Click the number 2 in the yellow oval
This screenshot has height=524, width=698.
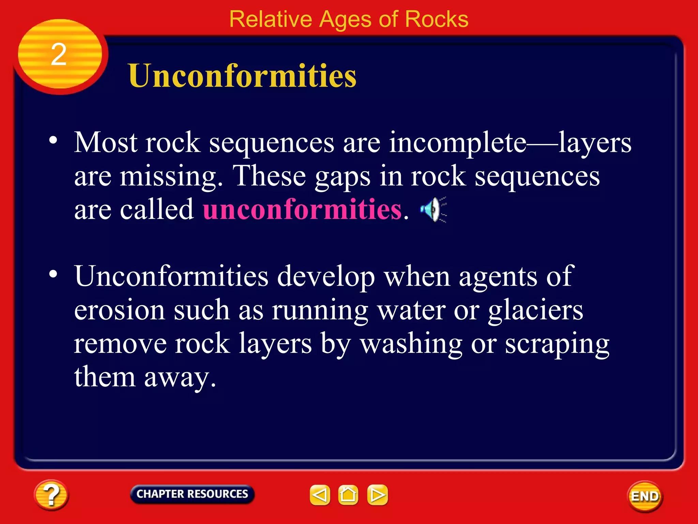click(x=59, y=55)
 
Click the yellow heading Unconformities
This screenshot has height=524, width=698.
click(x=242, y=76)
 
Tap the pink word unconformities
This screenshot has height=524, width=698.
click(x=302, y=209)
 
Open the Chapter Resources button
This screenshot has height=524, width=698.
click(x=192, y=494)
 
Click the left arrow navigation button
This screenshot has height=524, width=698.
click(x=320, y=495)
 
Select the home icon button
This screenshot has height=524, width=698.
click(x=348, y=495)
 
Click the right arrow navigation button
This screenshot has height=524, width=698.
click(x=377, y=495)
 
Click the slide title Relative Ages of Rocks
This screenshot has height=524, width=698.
click(x=349, y=19)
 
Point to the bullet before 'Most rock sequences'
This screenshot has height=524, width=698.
click(x=53, y=140)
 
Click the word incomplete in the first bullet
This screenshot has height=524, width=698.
click(x=458, y=143)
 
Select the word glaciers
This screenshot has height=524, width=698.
click(x=535, y=310)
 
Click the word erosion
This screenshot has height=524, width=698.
click(x=120, y=310)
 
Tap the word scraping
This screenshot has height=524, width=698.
click(x=557, y=344)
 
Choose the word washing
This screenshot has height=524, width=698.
click(x=411, y=344)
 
